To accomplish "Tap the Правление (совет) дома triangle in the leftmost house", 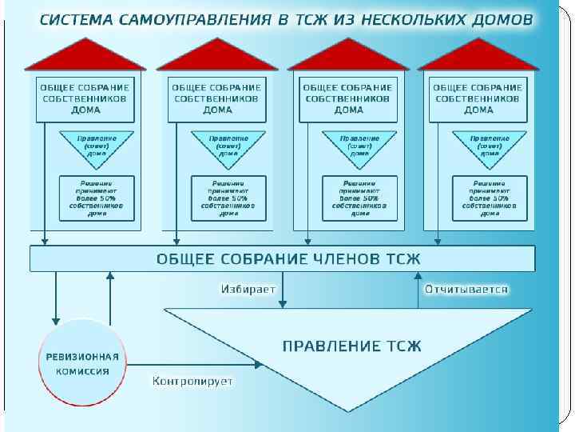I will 97,147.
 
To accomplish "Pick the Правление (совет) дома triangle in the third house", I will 359,147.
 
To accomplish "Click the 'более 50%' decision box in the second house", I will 228,198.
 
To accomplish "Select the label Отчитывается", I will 466,288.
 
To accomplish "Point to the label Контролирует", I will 192,381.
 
